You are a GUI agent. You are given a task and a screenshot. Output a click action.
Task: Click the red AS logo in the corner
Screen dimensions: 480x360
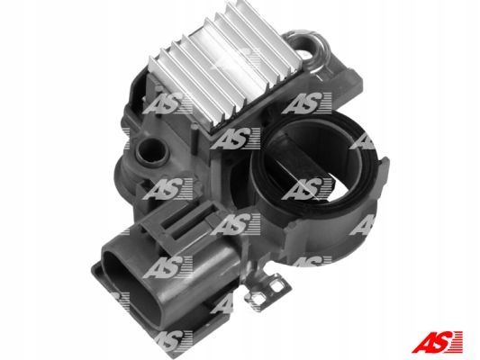point(437,342)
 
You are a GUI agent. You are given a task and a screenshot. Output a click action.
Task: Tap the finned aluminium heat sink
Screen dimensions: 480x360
point(226,67)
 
